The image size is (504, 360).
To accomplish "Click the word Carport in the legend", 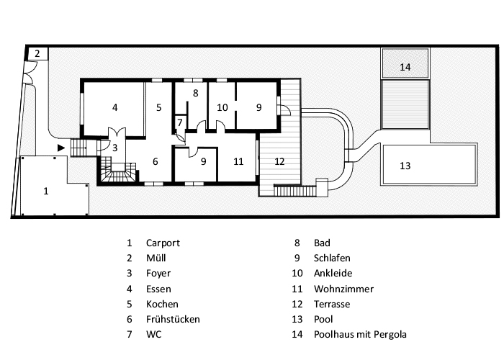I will click(163, 243).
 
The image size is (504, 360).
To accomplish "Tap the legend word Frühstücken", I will click(173, 319).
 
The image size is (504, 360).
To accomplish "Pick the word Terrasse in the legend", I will click(332, 304).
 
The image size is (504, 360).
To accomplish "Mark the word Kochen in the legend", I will click(162, 304).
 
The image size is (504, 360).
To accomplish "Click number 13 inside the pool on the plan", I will click(405, 166).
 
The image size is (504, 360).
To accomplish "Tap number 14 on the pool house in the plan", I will click(405, 67).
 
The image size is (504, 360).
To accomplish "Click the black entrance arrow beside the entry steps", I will click(61, 148).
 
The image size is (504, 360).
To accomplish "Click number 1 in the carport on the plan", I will click(46, 192).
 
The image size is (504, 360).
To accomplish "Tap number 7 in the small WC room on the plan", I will click(179, 122).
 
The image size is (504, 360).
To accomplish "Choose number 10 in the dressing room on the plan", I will click(222, 107).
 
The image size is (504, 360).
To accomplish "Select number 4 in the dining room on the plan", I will click(114, 107).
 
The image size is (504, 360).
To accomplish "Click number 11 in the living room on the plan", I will click(238, 161).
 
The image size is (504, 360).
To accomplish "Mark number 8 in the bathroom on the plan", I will click(194, 93).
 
